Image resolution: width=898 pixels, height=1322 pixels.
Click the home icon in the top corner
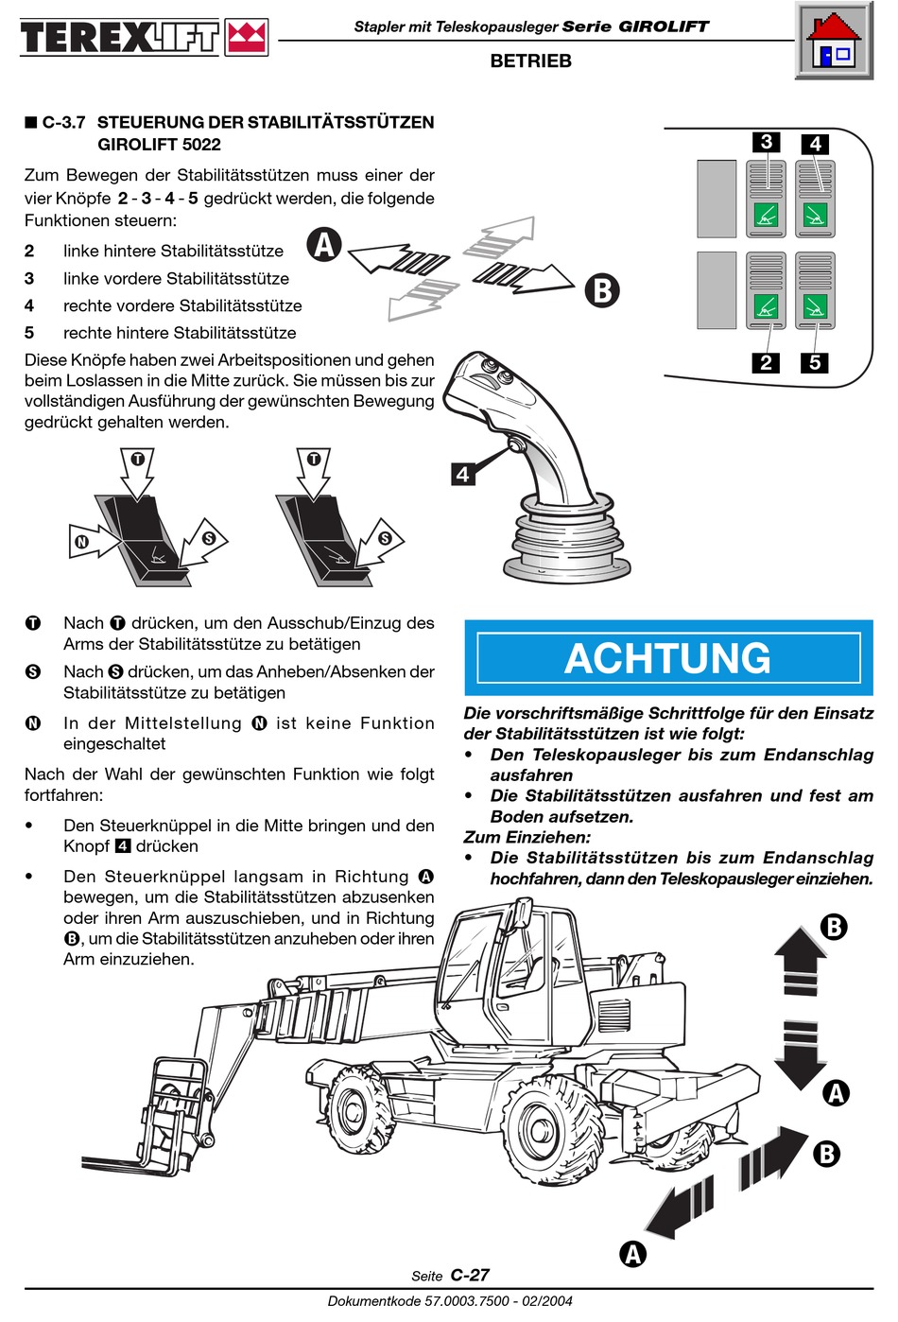[834, 42]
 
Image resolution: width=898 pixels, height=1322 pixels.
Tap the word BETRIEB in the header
[530, 61]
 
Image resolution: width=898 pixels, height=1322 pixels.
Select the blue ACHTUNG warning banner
[668, 658]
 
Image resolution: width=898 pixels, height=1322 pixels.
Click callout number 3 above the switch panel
[767, 142]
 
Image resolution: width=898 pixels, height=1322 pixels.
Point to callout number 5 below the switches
[815, 362]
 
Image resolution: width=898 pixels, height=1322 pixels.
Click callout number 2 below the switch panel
[766, 362]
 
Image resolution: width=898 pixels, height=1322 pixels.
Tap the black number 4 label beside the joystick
[462, 474]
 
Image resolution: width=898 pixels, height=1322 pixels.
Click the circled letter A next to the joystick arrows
[324, 245]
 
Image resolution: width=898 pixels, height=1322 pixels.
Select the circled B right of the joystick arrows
[602, 289]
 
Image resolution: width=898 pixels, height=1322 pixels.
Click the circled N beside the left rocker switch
[82, 542]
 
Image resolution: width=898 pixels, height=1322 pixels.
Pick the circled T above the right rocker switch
[314, 460]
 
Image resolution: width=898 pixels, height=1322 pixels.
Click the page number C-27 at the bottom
[470, 1275]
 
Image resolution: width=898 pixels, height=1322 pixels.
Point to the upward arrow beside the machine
[800, 960]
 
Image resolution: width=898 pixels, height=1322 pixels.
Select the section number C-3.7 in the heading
[63, 122]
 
